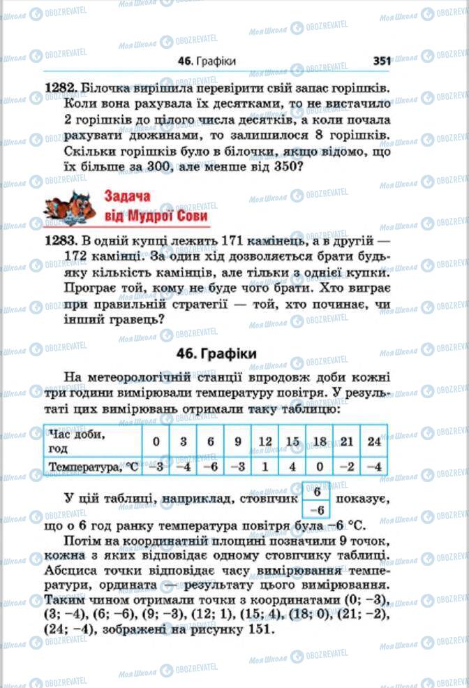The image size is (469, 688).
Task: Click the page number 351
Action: click(381, 61)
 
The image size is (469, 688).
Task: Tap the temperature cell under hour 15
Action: click(292, 466)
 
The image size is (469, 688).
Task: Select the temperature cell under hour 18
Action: click(319, 466)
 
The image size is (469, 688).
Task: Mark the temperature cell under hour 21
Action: click(346, 466)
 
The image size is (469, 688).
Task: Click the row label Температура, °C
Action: click(92, 466)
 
